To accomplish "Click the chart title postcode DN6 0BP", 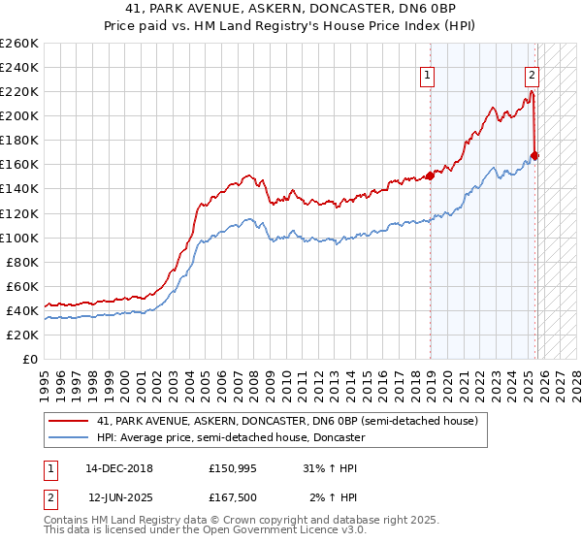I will coord(411,10).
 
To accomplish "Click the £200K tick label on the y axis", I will coord(19,115).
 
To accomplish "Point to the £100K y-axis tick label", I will coord(19,238).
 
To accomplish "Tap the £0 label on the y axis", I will coord(29,359).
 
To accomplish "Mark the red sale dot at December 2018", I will coord(430,176).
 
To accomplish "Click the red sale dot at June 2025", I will coord(534,155).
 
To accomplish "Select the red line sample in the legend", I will coord(69,422).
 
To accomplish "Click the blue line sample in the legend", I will coord(69,437).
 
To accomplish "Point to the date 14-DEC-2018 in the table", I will coord(119,467).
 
